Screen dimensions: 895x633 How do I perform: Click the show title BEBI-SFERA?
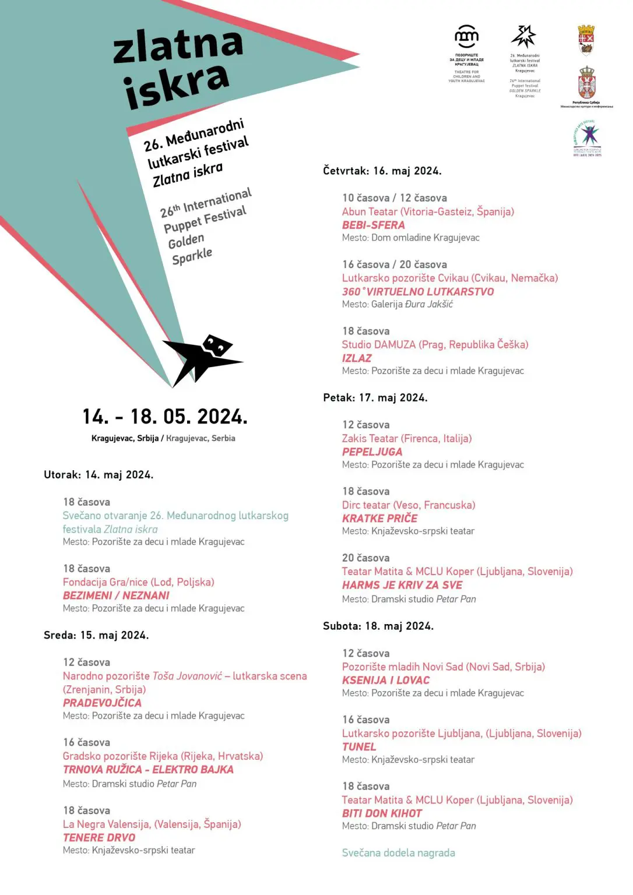point(373,225)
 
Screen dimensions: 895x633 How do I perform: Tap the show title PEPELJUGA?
point(372,452)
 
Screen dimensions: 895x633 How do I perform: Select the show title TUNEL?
point(359,746)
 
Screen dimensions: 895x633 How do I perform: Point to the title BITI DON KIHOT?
point(382,813)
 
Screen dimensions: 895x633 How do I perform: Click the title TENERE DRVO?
point(99,837)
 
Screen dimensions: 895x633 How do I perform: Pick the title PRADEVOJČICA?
point(102,703)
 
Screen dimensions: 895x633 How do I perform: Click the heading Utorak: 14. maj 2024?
point(99,475)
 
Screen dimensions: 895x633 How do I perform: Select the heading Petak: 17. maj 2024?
point(375,398)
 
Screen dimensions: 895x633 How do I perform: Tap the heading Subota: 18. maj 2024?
point(378,626)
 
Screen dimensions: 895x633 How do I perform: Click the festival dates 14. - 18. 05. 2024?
point(165,417)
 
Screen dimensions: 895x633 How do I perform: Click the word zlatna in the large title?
point(178,45)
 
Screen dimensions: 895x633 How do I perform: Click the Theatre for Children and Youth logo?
point(466,38)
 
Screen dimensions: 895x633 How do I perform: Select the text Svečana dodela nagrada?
point(398,853)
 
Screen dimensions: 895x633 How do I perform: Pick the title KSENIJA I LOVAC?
point(385,680)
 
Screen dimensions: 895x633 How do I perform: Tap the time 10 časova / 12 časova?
point(394,198)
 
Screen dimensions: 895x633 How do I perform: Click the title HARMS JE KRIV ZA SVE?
point(402,585)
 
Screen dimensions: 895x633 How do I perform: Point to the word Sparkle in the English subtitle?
point(192,256)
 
